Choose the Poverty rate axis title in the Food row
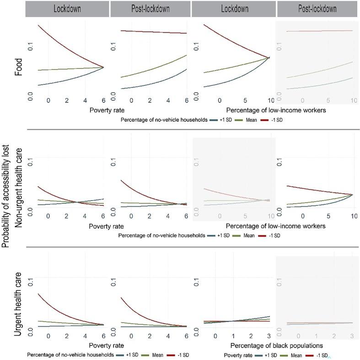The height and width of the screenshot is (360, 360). [x=107, y=110]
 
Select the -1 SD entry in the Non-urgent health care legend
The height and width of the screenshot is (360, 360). [x=273, y=235]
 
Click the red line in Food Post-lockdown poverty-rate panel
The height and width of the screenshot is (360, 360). [x=151, y=32]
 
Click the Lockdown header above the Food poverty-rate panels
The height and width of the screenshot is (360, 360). [x=67, y=9]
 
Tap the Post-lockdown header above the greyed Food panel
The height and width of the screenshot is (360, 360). [x=317, y=9]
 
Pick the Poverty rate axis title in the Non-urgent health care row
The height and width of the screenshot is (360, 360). [x=107, y=226]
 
